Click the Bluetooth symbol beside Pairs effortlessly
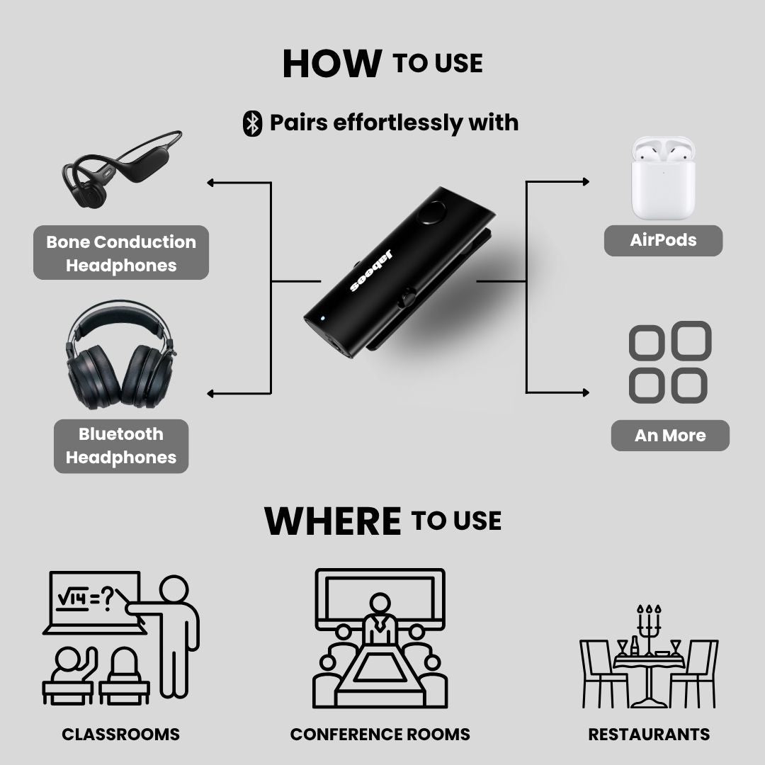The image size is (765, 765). coord(252,123)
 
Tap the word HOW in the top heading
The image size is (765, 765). coord(331,64)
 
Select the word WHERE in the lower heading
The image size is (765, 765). coord(332,521)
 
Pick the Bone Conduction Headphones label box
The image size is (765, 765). coord(121,253)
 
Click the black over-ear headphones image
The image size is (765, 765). coord(120,358)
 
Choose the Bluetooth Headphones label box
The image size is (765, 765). coord(121,446)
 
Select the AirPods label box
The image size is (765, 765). coord(663,240)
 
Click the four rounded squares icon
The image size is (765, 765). coord(669,362)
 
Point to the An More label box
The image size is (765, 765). coord(670,436)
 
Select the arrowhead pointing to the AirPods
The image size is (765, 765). coord(585,182)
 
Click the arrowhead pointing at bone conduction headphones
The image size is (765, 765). coord(211,183)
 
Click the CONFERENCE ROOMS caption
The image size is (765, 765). coord(380,735)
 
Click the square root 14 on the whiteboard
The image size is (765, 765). coord(72,599)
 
